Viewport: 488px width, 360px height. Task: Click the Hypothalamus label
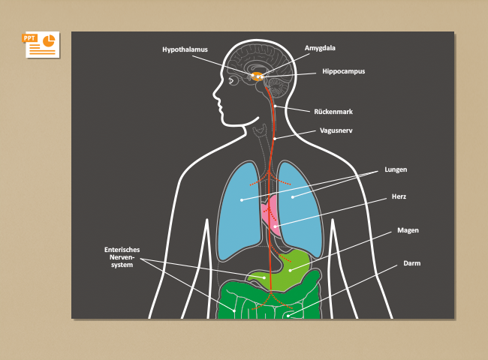click(185, 49)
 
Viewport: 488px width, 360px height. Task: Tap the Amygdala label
click(320, 48)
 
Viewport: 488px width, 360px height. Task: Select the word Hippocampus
click(344, 71)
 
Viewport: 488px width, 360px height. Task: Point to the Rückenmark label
click(333, 112)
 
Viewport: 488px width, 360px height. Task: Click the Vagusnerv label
click(336, 130)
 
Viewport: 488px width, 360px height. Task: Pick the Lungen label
click(396, 169)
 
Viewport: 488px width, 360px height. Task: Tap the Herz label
click(399, 196)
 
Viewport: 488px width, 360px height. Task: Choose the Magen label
click(408, 230)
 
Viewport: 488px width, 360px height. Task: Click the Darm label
click(411, 263)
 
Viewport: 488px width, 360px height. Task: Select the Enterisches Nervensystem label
click(122, 257)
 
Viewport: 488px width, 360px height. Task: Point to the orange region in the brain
click(257, 76)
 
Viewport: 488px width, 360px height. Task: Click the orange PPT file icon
click(41, 44)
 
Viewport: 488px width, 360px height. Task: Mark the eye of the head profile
click(231, 81)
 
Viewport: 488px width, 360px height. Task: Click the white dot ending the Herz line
click(275, 226)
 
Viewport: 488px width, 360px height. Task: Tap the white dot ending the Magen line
click(290, 271)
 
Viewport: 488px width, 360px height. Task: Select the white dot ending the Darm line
click(288, 316)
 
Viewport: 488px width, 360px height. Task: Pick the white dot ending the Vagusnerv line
click(275, 139)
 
